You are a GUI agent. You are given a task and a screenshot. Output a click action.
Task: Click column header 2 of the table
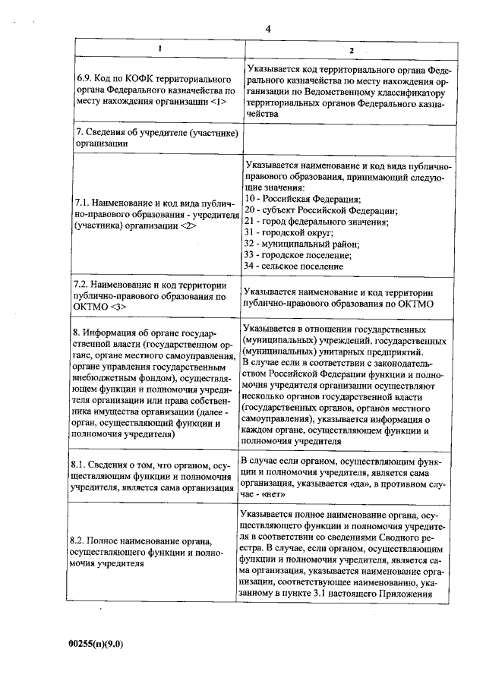click(x=351, y=49)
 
